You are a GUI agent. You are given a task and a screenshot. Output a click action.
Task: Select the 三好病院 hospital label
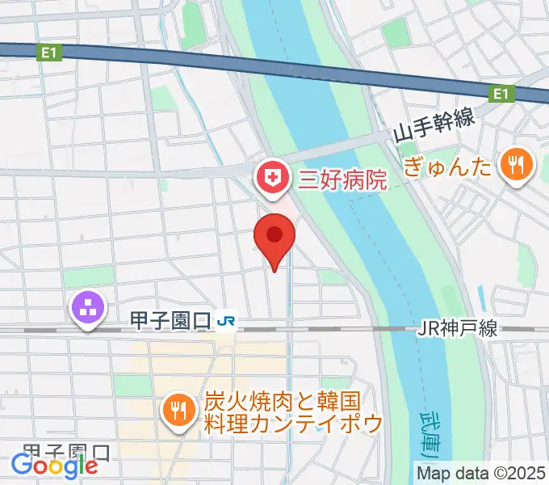point(342,179)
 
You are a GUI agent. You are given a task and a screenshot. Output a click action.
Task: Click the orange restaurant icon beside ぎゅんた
point(514,166)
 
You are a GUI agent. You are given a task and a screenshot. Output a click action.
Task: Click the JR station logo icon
point(226,322)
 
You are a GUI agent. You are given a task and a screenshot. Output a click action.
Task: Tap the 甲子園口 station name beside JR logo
point(170,322)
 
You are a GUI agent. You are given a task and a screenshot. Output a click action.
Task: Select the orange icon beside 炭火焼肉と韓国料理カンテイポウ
point(177,411)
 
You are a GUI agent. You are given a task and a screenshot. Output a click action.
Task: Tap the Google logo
point(54,465)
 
